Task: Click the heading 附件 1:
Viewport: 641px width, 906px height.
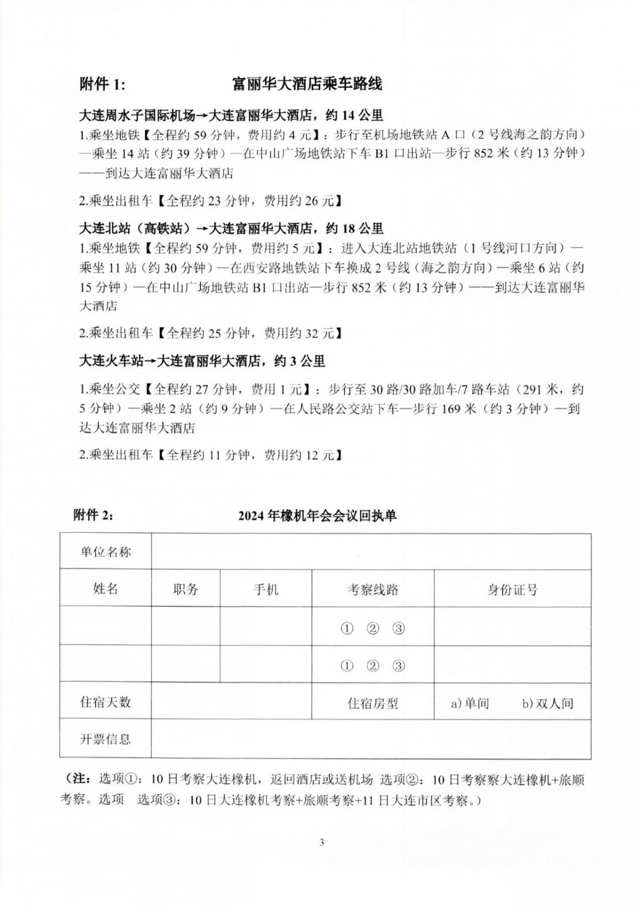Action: pyautogui.click(x=102, y=84)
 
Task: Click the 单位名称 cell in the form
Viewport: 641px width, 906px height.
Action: pyautogui.click(x=105, y=552)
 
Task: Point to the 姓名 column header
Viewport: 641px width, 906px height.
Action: pyautogui.click(x=105, y=588)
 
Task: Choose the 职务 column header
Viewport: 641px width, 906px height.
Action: pyautogui.click(x=185, y=589)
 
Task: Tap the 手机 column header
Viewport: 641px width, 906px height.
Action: pyautogui.click(x=265, y=589)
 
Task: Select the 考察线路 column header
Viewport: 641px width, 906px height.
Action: pyautogui.click(x=373, y=590)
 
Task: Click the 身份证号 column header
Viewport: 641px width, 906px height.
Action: pyautogui.click(x=512, y=590)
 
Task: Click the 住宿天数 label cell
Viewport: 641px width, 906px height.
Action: pyautogui.click(x=105, y=702)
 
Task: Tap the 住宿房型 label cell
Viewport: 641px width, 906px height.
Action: pyautogui.click(x=373, y=703)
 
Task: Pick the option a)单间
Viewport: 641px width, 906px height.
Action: pyautogui.click(x=470, y=703)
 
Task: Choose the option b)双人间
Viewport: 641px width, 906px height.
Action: pyautogui.click(x=548, y=703)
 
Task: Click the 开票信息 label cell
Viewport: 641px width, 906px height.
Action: pyautogui.click(x=105, y=739)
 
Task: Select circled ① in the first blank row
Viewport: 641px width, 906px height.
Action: pyautogui.click(x=347, y=629)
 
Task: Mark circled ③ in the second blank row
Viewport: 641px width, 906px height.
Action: pyautogui.click(x=398, y=665)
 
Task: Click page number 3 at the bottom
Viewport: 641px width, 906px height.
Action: pyautogui.click(x=322, y=843)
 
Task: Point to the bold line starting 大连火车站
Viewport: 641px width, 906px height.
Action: pyautogui.click(x=202, y=361)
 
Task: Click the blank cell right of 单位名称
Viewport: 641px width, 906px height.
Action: pyautogui.click(x=371, y=552)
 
